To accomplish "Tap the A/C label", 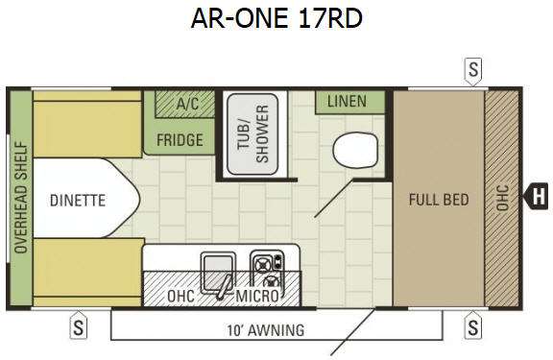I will point(187,103).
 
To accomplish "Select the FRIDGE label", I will point(180,140).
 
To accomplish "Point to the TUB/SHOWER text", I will point(253,136).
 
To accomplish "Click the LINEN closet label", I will point(348,101).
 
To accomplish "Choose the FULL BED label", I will point(438,200).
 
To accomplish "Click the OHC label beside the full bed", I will point(499,199).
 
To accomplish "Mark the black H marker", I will point(539,199).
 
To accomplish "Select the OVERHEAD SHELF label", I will point(19,199).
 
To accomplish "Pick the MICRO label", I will point(257,297).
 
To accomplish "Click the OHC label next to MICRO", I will point(180,297).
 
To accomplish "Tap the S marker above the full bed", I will point(473,69).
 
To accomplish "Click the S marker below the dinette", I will point(79,327).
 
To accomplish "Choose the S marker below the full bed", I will point(473,327).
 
